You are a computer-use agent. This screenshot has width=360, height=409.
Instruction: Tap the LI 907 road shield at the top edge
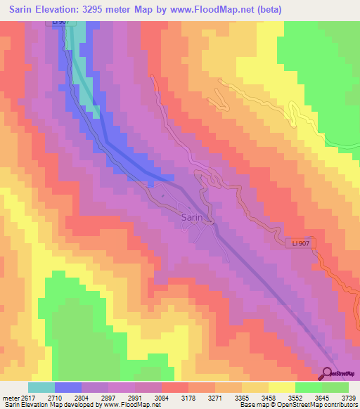(x=60, y=22)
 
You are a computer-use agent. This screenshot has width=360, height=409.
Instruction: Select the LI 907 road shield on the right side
(x=301, y=242)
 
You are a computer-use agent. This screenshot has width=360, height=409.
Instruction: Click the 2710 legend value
(x=68, y=397)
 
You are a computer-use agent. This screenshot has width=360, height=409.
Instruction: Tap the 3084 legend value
(x=161, y=397)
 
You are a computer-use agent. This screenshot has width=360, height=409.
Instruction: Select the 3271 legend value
(x=214, y=397)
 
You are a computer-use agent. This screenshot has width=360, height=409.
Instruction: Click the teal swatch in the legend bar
(x=41, y=387)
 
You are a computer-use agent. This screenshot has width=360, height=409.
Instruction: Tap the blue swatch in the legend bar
(x=68, y=387)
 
